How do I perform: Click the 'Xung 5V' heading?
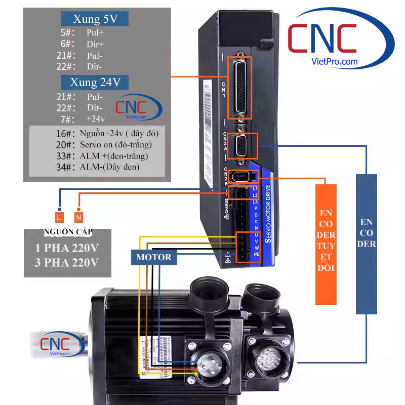point(95,20)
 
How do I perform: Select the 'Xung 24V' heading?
point(95,82)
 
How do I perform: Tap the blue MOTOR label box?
point(154,257)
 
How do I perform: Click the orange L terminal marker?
point(59,217)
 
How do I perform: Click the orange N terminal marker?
point(78,217)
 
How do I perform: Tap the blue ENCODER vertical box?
point(367,243)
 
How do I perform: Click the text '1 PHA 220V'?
point(67,249)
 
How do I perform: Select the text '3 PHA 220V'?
point(67,263)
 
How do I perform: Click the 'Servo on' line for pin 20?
point(116,145)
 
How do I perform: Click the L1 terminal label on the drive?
point(255,189)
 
